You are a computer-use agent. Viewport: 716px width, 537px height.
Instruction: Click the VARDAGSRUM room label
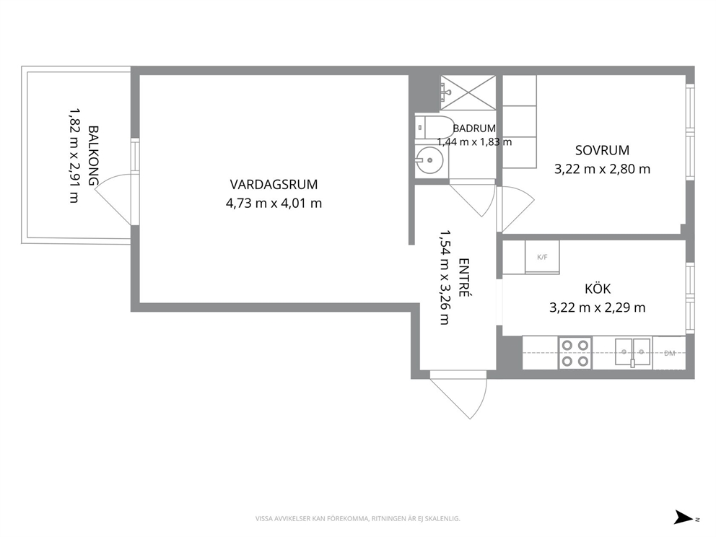point(274,185)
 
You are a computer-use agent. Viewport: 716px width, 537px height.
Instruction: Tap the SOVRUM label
point(602,150)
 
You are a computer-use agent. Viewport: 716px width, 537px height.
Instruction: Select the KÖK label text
point(598,289)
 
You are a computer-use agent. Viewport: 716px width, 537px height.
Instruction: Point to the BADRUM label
point(474,128)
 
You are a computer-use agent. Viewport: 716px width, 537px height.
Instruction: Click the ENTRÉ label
point(464,278)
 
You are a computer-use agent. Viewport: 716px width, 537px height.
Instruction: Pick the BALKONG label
point(92,156)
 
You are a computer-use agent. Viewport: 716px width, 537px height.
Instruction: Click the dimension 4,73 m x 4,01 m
point(274,204)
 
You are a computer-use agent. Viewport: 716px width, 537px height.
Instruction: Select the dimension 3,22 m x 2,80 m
point(602,170)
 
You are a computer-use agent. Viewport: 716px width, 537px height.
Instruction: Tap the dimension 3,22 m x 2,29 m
point(598,307)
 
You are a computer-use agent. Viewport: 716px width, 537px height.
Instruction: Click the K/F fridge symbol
point(542,257)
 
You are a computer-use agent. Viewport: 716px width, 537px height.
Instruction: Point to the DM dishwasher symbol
point(669,353)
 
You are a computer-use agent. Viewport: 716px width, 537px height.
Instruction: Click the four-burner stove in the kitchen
point(575,353)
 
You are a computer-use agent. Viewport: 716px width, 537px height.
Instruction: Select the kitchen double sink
point(632,352)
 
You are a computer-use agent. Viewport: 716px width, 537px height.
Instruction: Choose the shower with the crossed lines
point(468,92)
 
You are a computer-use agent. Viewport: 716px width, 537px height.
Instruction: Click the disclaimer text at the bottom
point(357,518)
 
